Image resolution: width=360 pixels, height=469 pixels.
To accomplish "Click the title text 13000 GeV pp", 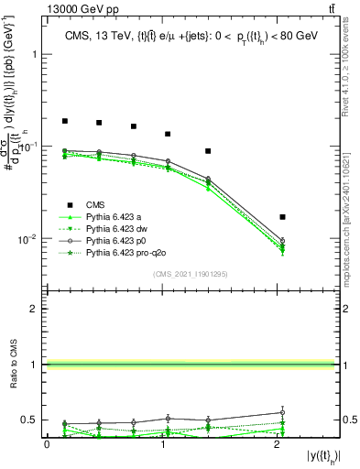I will coord(80,8).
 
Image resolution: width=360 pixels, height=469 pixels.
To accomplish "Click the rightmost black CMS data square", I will coord(282,217).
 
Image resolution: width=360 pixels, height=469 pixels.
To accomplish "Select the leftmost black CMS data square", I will coord(65,121).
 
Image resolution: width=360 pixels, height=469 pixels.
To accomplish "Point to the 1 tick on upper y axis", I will coord(36,54).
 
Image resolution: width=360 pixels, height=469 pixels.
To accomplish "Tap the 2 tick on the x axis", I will coord(278,444).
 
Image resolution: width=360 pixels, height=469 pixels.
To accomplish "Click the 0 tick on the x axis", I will coord(47,444).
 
